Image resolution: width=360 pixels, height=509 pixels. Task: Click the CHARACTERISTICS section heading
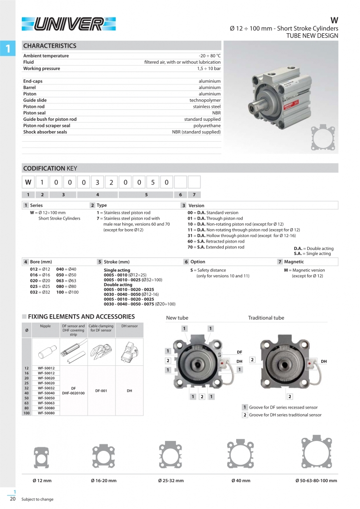(x=50, y=46)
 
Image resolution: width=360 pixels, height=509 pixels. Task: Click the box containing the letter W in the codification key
(x=28, y=182)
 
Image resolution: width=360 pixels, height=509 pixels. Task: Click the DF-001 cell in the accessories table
(x=101, y=391)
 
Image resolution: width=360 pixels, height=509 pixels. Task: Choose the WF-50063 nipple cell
(x=46, y=403)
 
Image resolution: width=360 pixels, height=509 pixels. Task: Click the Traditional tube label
(x=266, y=318)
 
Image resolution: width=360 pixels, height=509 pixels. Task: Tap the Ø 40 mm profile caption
(x=241, y=481)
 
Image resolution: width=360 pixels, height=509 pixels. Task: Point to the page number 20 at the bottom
(x=12, y=499)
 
